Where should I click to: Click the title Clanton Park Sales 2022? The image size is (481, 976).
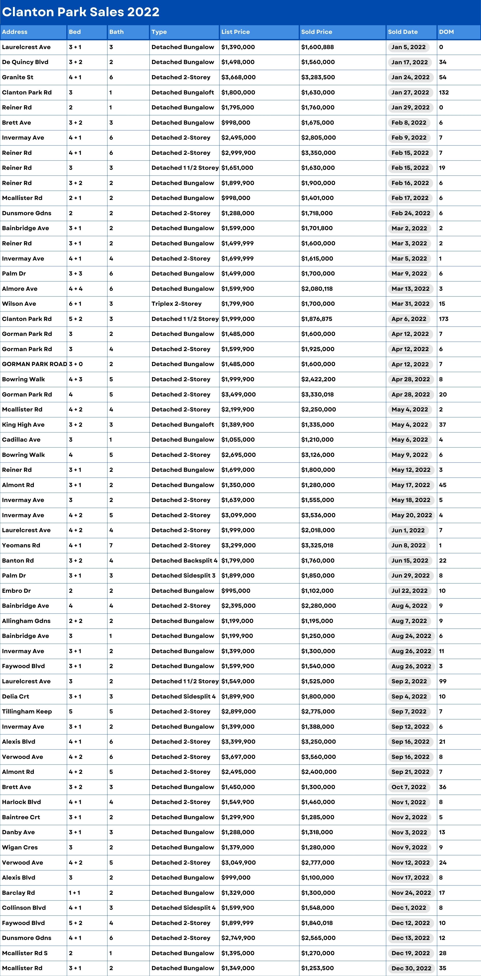pyautogui.click(x=81, y=12)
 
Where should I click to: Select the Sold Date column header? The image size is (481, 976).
pyautogui.click(x=402, y=32)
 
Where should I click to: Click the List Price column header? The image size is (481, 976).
pyautogui.click(x=235, y=32)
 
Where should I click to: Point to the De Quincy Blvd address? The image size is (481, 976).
pyautogui.click(x=25, y=62)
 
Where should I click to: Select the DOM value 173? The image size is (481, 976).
pyautogui.click(x=443, y=319)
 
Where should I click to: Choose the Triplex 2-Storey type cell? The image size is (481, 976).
pyautogui.click(x=176, y=304)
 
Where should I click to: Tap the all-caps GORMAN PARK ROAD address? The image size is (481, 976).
pyautogui.click(x=34, y=364)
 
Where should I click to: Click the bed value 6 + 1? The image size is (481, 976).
pyautogui.click(x=75, y=304)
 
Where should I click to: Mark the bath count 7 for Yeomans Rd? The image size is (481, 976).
pyautogui.click(x=111, y=545)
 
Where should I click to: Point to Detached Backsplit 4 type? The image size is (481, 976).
pyautogui.click(x=184, y=560)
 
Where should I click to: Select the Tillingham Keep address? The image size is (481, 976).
pyautogui.click(x=27, y=712)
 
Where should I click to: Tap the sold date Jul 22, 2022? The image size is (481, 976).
pyautogui.click(x=409, y=591)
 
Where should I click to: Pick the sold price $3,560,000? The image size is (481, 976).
pyautogui.click(x=318, y=757)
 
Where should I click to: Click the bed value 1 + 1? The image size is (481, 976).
pyautogui.click(x=74, y=893)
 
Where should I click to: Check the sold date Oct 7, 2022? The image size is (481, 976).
pyautogui.click(x=409, y=787)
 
